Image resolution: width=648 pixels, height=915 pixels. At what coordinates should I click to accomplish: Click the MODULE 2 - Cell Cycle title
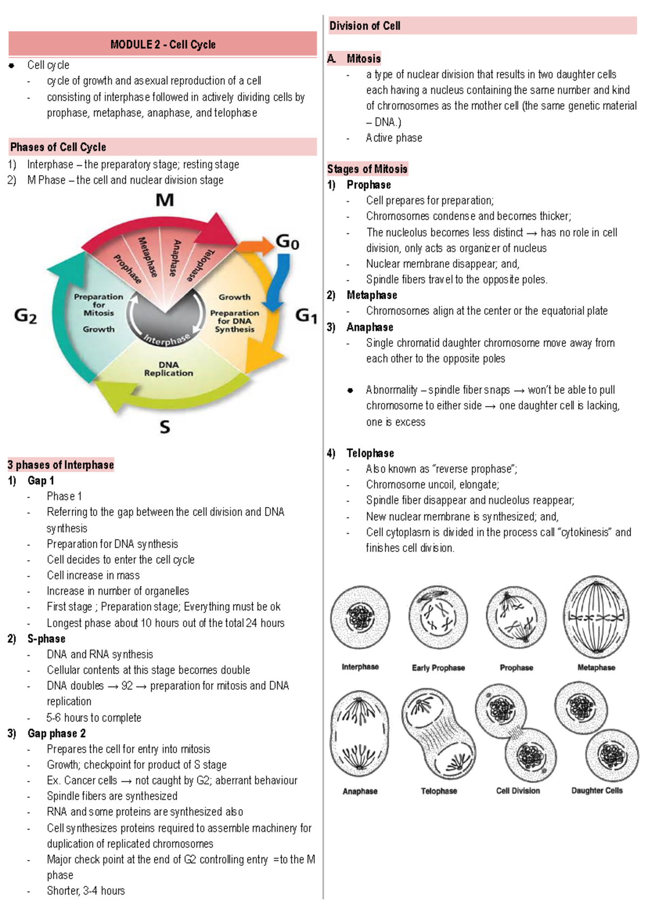point(163,45)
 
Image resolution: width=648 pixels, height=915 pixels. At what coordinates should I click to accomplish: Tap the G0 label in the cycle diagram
point(287,241)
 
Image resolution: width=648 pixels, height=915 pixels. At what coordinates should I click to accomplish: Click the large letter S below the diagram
point(165,427)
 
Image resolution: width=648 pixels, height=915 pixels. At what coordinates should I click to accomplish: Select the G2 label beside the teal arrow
point(25,315)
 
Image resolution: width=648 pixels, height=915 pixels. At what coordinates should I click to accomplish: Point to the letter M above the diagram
point(165,200)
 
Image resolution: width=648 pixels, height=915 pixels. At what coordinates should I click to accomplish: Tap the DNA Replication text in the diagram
point(168,369)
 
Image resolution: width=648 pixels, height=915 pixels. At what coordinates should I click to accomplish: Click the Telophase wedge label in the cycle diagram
point(200,265)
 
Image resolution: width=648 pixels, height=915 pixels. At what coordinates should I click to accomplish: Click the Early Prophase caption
point(438,668)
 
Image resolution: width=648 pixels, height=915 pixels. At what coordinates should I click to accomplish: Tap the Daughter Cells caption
point(597,790)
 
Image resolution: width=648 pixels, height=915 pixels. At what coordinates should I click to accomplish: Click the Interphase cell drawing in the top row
point(360,617)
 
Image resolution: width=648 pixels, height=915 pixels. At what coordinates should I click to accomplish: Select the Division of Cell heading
point(364,26)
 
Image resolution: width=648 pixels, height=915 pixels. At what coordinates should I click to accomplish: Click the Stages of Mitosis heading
point(367,169)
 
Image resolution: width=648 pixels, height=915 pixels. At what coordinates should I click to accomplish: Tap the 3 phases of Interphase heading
point(60,465)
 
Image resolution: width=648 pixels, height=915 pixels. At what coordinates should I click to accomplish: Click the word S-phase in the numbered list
point(46,638)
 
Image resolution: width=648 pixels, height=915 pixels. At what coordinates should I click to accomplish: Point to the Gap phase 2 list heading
point(56,733)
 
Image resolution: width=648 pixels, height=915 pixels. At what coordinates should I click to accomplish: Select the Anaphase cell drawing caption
point(360,791)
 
